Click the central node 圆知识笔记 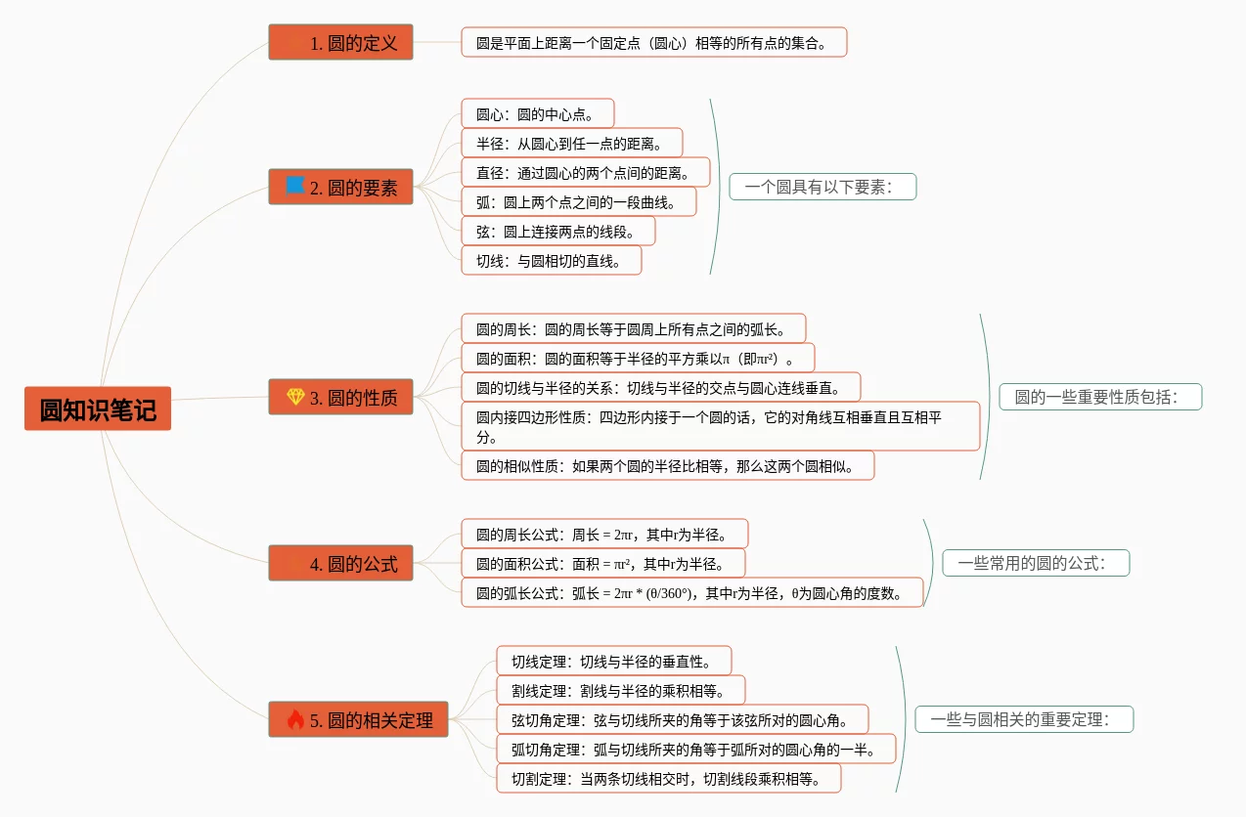98,409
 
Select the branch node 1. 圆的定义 340,43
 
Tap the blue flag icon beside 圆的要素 294,186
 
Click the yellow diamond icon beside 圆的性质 295,397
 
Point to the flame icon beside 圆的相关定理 295,720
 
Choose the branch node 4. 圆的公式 340,564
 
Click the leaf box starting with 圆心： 537,114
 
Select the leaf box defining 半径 571,144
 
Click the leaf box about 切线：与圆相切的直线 552,261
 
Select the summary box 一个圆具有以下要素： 822,187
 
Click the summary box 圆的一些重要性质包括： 1099,397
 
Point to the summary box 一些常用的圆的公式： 1035,563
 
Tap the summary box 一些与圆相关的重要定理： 1023,720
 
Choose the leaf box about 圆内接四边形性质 720,426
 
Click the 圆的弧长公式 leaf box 691,592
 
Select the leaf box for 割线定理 620,691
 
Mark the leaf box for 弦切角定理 682,720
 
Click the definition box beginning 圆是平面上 653,43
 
